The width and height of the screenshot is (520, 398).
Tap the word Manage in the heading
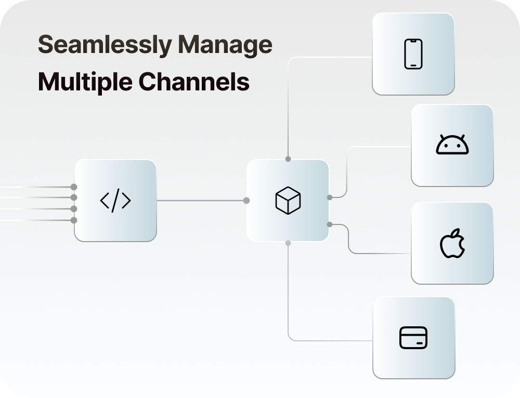[226, 45]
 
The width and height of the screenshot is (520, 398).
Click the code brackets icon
[115, 201]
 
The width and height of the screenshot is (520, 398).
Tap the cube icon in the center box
[288, 201]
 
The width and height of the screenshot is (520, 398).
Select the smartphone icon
[413, 54]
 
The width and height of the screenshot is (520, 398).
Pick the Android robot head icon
[452, 145]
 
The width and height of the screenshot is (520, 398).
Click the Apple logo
[452, 243]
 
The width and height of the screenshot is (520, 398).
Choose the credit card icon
[413, 338]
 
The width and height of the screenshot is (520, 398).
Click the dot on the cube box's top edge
[288, 159]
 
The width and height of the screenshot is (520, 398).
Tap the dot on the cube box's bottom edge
[288, 243]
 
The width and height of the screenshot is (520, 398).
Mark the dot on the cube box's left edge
[246, 201]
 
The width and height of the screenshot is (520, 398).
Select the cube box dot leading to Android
[330, 197]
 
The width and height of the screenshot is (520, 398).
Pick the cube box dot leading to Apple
[330, 224]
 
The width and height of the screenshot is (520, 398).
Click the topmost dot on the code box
[74, 187]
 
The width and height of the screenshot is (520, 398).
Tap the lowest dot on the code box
[74, 220]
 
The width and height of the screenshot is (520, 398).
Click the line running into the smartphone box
[333, 57]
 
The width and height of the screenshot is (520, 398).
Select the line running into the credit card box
[333, 341]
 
